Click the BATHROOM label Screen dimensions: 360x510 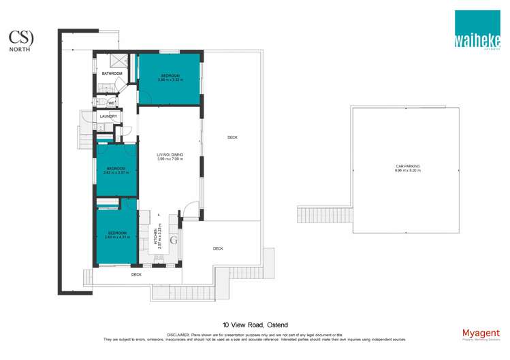[x=112, y=73]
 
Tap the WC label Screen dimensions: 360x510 [x=111, y=103]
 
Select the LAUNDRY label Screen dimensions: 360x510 [x=109, y=116]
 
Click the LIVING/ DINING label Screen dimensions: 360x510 [x=169, y=157]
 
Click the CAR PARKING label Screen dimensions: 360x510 [x=407, y=165]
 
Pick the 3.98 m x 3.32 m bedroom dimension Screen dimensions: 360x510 [x=170, y=80]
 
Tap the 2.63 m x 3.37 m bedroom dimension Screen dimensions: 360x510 [x=116, y=173]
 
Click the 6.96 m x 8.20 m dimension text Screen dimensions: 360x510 [x=407, y=170]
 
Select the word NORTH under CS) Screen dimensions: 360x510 [x=18, y=48]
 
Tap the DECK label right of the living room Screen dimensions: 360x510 [x=232, y=137]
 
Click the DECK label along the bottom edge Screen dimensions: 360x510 [x=136, y=274]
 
